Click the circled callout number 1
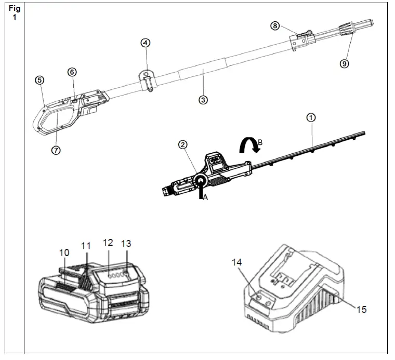click(x=311, y=118)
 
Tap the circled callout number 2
click(x=183, y=145)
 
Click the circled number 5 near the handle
click(x=39, y=80)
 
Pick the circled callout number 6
click(x=72, y=72)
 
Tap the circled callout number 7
click(x=56, y=150)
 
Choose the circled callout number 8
click(x=275, y=25)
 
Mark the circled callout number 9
click(x=344, y=63)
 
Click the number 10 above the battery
click(x=64, y=252)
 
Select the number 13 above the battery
click(x=126, y=243)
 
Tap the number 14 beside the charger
click(x=237, y=263)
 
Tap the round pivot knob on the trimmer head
click(x=200, y=180)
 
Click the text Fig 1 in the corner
click(x=15, y=13)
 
